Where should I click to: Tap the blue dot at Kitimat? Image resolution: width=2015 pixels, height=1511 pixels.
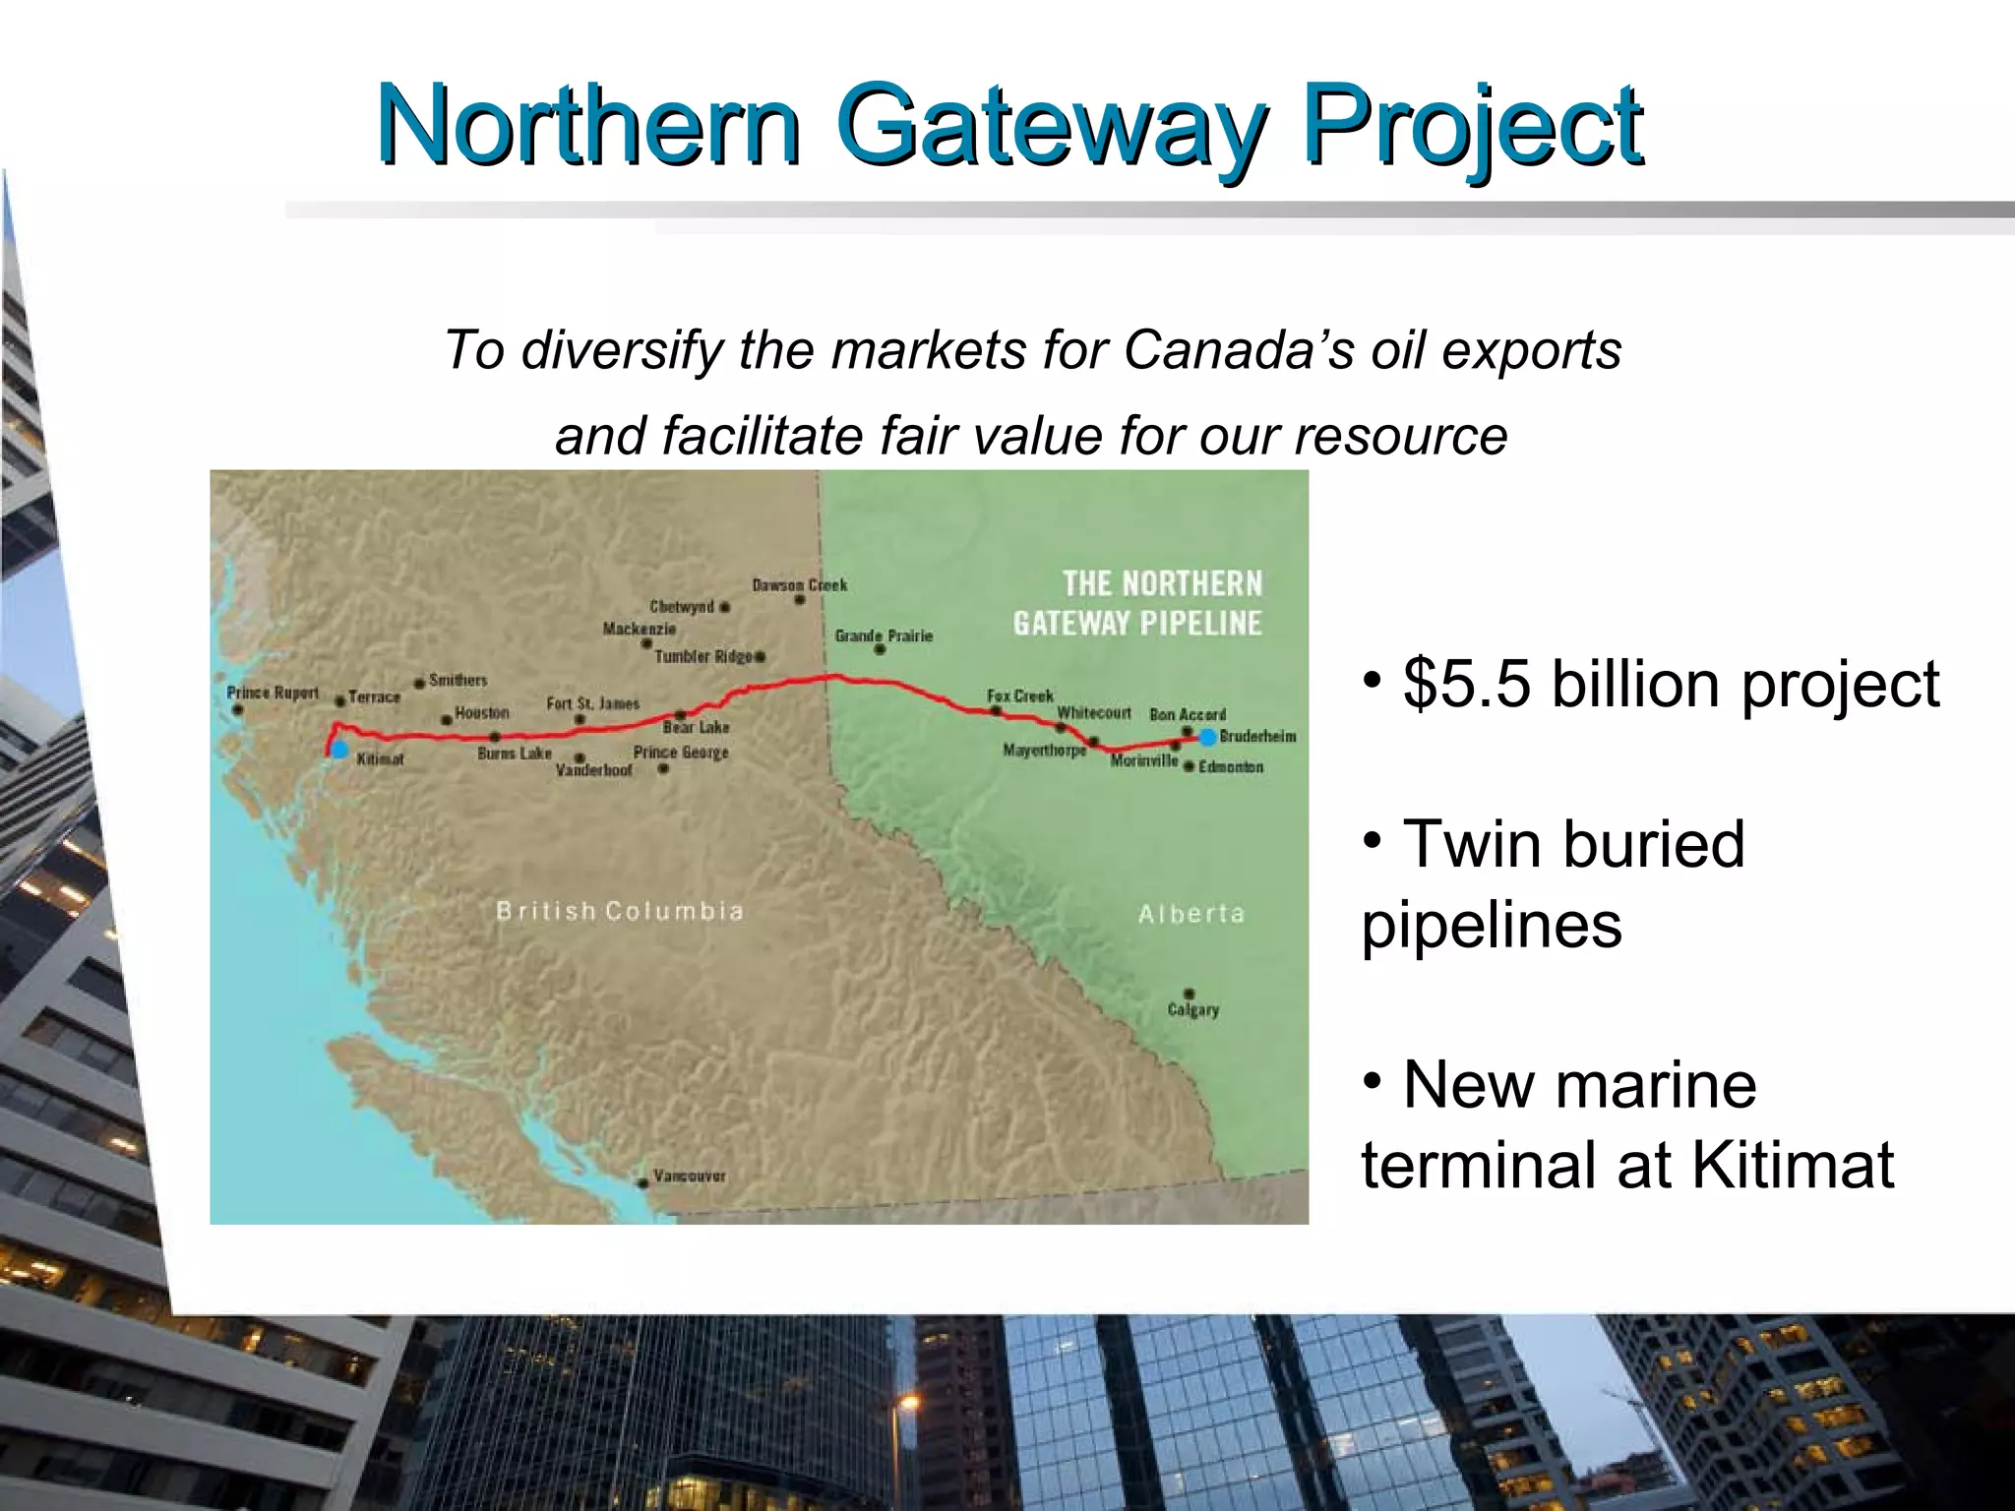pyautogui.click(x=339, y=751)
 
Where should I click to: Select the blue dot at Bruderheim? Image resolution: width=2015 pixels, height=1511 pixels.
pyautogui.click(x=1208, y=737)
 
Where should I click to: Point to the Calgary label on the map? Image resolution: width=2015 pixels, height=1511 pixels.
pyautogui.click(x=1192, y=1009)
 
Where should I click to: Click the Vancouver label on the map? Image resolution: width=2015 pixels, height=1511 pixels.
pyautogui.click(x=690, y=1176)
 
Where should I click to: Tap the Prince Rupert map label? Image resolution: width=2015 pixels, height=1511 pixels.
pyautogui.click(x=273, y=693)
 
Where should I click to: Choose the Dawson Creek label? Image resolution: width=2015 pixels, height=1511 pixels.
pyautogui.click(x=799, y=585)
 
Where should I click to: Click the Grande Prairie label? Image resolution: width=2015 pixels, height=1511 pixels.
pyautogui.click(x=884, y=636)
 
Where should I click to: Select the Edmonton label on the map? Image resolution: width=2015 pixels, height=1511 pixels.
pyautogui.click(x=1230, y=766)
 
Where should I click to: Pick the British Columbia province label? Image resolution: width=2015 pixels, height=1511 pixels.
pyautogui.click(x=620, y=911)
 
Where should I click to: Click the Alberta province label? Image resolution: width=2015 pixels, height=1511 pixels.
pyautogui.click(x=1191, y=914)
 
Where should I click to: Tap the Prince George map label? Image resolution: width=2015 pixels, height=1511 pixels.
pyautogui.click(x=681, y=753)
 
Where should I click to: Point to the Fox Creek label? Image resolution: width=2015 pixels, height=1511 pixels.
pyautogui.click(x=1020, y=695)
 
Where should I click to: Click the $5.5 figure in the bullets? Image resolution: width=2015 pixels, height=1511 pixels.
pyautogui.click(x=1467, y=684)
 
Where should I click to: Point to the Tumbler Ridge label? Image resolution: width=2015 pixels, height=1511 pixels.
pyautogui.click(x=703, y=656)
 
